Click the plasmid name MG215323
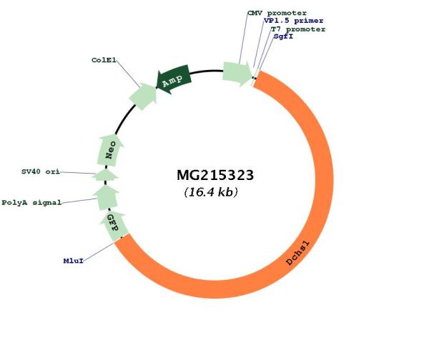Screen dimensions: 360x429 click(x=215, y=175)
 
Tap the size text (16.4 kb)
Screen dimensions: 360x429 click(x=210, y=192)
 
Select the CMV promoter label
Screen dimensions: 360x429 click(x=277, y=13)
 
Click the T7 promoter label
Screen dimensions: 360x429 click(x=297, y=29)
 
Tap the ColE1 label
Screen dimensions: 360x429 click(x=104, y=60)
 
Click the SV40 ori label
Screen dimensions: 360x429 click(x=40, y=172)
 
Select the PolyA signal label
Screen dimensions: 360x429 click(x=31, y=203)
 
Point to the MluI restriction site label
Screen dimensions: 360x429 click(x=74, y=261)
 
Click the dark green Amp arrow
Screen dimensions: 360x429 click(x=172, y=79)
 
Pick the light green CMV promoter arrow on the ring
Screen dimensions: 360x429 click(x=235, y=71)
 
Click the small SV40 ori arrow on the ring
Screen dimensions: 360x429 click(x=107, y=174)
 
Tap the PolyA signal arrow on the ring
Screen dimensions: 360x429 click(x=107, y=195)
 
